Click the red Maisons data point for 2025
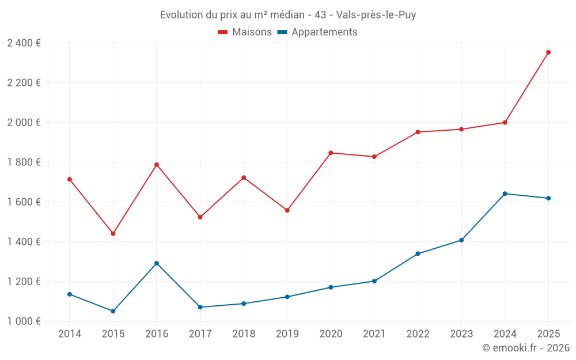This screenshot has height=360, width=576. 548,52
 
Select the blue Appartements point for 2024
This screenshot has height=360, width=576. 505,194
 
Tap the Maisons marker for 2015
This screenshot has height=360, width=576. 113,234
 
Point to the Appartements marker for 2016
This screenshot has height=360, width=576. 157,263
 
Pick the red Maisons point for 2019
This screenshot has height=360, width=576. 287,210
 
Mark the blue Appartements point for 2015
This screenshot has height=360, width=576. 113,311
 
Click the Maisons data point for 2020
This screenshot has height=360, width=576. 331,153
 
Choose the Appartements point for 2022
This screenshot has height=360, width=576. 418,253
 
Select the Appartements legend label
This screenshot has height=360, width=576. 324,32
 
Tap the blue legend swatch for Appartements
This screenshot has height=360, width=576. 282,32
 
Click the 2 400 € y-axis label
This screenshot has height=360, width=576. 24,43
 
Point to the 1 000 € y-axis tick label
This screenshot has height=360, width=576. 24,321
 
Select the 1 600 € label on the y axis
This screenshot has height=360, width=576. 24,202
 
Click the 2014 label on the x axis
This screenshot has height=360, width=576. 70,334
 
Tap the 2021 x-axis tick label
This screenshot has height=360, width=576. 374,334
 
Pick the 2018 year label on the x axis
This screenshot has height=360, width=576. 244,334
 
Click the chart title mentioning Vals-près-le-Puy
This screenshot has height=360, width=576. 288,15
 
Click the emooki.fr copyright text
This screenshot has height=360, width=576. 525,348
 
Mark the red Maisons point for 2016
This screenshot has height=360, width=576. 157,165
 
